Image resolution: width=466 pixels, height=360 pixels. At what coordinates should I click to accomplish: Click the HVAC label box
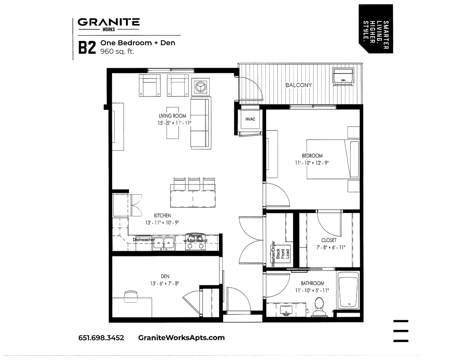click(x=250, y=119)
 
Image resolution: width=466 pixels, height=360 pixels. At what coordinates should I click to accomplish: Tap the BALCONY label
click(x=299, y=85)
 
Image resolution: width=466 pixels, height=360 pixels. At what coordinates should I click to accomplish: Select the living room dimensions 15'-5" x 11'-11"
click(x=174, y=123)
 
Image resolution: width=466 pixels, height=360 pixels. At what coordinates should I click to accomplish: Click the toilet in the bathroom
click(x=319, y=307)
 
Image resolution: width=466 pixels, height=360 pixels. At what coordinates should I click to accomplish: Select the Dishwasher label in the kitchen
click(x=144, y=240)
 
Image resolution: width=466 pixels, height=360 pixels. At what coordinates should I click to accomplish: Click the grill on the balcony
click(x=343, y=77)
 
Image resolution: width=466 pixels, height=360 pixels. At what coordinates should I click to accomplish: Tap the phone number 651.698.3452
click(x=101, y=338)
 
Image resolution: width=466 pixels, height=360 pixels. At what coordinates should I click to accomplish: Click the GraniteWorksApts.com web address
click(x=181, y=338)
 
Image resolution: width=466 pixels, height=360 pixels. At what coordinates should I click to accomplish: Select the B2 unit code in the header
click(x=87, y=48)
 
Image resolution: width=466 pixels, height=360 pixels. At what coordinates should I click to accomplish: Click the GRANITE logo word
click(x=109, y=22)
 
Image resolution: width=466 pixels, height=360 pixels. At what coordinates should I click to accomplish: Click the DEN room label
click(x=165, y=276)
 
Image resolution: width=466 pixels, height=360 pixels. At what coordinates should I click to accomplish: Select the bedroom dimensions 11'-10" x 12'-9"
click(x=312, y=163)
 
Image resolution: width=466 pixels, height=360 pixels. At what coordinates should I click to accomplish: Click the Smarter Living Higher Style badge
click(x=376, y=29)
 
